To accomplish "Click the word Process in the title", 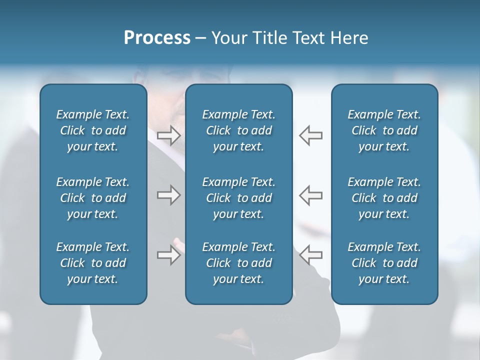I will [x=157, y=38].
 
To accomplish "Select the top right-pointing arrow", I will [x=168, y=135].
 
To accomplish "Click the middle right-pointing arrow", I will [x=168, y=194].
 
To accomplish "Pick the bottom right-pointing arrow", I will [x=168, y=255].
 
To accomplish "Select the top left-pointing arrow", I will [x=311, y=135].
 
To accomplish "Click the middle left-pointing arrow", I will [x=311, y=194].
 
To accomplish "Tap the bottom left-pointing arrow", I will [x=311, y=255].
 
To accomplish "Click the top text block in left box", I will [x=93, y=130].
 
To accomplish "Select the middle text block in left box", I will [x=93, y=198].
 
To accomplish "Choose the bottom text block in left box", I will [x=93, y=263].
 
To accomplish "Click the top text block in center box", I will [x=238, y=130].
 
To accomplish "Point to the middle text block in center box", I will [x=238, y=198].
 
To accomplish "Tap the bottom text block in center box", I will [x=238, y=263].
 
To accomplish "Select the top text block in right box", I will [x=384, y=130].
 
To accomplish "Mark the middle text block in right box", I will [x=384, y=198].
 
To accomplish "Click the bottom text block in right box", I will [x=384, y=263].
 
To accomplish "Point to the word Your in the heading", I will [x=228, y=38].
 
